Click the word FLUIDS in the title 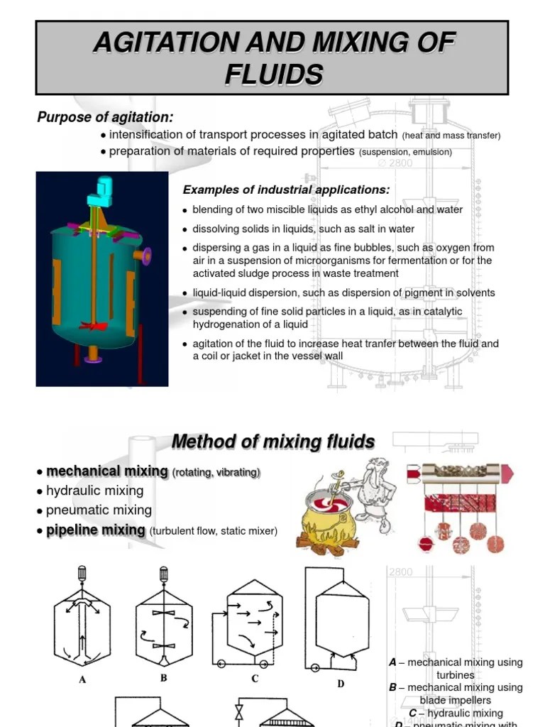[273, 74]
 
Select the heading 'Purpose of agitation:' [105, 117]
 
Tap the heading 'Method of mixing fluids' [273, 442]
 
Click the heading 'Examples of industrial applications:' [286, 190]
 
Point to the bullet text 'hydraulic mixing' [94, 491]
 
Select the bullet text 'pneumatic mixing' [99, 510]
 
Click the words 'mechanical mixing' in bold [106, 471]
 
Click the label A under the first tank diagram [82, 679]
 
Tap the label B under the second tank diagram [163, 678]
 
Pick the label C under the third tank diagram [255, 679]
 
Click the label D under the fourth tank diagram [340, 684]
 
